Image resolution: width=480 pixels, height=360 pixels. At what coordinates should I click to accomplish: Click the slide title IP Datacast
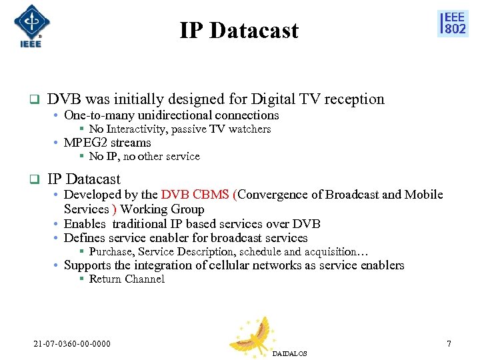tap(239, 31)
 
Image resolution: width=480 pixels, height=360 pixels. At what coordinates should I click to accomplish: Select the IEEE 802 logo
tap(453, 23)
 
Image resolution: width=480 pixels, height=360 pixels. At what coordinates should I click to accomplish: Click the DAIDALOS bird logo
tap(255, 335)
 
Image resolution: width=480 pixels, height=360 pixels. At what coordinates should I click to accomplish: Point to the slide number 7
tap(449, 344)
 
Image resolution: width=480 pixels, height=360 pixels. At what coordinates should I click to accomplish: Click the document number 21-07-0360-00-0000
tap(72, 344)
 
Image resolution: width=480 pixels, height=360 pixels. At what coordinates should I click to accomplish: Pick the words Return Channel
tap(127, 279)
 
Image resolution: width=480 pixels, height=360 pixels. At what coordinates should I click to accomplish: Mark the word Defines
tap(85, 238)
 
